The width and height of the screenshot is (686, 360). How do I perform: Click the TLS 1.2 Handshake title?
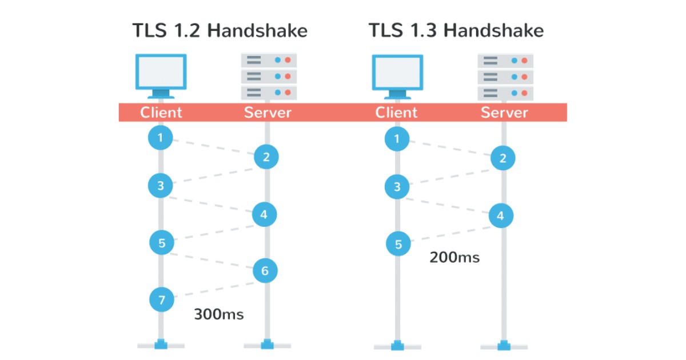pyautogui.click(x=220, y=30)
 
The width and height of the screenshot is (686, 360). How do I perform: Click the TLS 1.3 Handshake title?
pyautogui.click(x=456, y=30)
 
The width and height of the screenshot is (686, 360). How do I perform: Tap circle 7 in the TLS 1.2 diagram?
pyautogui.click(x=162, y=299)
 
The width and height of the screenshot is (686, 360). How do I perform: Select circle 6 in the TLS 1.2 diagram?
pyautogui.click(x=265, y=271)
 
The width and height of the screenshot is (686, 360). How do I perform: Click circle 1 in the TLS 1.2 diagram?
pyautogui.click(x=161, y=138)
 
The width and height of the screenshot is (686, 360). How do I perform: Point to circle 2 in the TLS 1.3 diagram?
pyautogui.click(x=502, y=158)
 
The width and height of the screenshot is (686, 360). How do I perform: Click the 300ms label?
pyautogui.click(x=218, y=314)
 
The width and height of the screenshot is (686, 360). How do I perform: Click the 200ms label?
pyautogui.click(x=454, y=258)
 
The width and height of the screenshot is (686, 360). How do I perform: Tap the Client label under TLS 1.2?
pyautogui.click(x=161, y=113)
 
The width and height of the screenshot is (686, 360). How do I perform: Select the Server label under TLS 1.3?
pyautogui.click(x=504, y=113)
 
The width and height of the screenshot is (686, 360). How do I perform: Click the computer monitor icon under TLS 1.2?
pyautogui.click(x=161, y=75)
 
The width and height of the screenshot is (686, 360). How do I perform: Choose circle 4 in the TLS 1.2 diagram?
pyautogui.click(x=264, y=215)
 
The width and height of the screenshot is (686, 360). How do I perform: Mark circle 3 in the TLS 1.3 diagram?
pyautogui.click(x=397, y=186)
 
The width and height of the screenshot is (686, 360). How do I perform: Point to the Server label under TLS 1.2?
pyautogui.click(x=268, y=113)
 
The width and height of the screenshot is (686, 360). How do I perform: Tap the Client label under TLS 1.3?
pyautogui.click(x=397, y=113)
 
